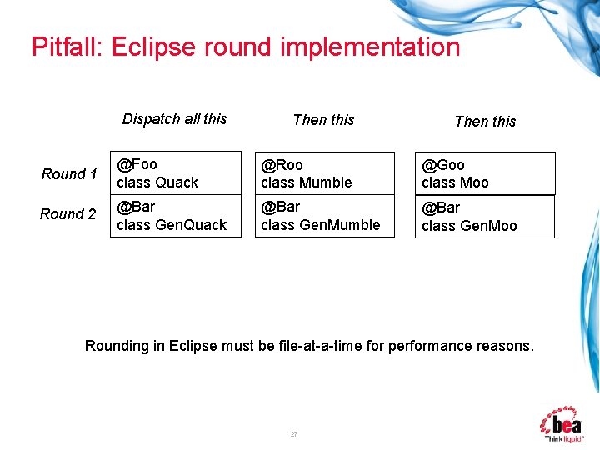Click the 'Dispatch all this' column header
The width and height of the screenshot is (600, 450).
(x=174, y=119)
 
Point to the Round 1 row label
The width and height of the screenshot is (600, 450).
(x=69, y=174)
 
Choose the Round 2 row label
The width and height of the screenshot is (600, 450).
(x=67, y=214)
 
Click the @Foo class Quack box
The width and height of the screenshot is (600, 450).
(x=176, y=173)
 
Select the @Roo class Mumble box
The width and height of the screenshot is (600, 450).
(x=324, y=173)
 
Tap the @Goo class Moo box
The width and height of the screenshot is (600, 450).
(x=484, y=173)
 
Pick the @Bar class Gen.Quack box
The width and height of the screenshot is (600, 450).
(x=176, y=216)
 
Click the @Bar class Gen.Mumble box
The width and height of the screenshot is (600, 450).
(x=324, y=216)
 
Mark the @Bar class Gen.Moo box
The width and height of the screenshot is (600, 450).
(x=484, y=217)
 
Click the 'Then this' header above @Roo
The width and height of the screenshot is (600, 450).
(x=323, y=120)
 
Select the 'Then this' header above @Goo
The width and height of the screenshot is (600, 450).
(x=485, y=122)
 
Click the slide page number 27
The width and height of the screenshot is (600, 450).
(x=293, y=434)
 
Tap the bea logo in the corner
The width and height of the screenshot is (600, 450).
(x=564, y=423)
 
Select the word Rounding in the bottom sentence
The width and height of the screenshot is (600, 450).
(x=116, y=346)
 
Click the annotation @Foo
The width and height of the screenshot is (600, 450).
(x=137, y=164)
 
